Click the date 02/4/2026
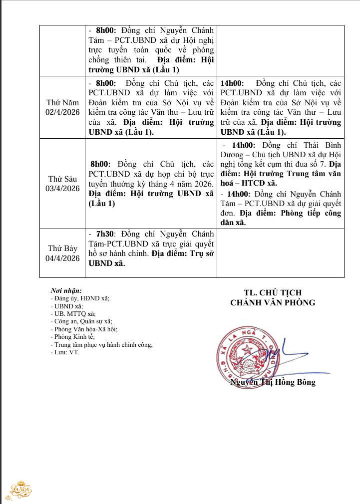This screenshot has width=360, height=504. [x=63, y=112]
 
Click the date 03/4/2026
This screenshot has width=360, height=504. [x=63, y=188]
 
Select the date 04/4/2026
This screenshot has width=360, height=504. [x=63, y=258]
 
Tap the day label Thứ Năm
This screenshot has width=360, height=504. [x=63, y=102]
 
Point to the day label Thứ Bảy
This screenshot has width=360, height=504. [x=63, y=248]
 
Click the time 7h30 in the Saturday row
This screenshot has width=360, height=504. [x=105, y=234]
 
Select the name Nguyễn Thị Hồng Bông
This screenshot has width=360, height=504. [x=273, y=382]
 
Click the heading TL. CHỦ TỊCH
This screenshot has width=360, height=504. [x=273, y=292]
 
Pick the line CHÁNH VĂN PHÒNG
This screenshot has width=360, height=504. [x=273, y=302]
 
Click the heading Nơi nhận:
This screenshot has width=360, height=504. [x=66, y=290]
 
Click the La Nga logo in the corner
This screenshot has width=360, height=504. [x=20, y=490]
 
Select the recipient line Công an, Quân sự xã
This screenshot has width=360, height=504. [x=83, y=321]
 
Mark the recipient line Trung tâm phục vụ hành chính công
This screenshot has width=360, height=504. [x=103, y=344]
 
